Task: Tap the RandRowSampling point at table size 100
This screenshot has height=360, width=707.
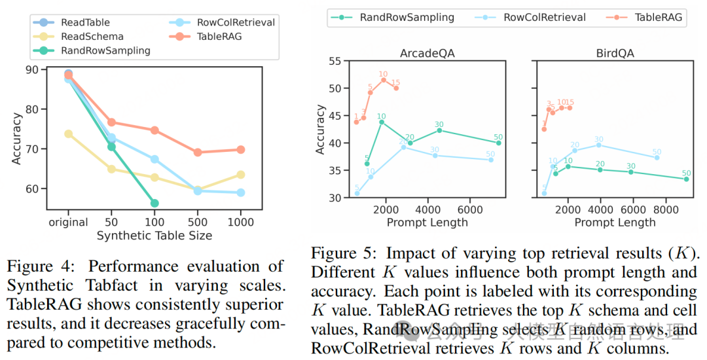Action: pos(154,203)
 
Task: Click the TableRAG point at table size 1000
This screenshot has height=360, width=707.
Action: pos(240,149)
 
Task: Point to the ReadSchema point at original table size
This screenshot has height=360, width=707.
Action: pos(68,134)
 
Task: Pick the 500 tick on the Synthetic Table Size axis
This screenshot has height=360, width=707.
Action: pos(197,223)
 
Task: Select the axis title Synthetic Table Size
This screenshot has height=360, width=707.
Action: pos(154,236)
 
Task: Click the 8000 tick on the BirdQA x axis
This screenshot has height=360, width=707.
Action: pos(663,210)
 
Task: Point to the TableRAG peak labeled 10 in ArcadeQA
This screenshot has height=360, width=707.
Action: pos(383,80)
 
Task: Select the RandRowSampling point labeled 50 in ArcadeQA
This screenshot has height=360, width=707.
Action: pos(499,143)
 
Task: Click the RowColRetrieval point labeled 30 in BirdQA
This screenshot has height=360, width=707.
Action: pos(598,145)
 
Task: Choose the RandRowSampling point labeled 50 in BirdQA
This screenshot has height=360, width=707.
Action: pos(686,179)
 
